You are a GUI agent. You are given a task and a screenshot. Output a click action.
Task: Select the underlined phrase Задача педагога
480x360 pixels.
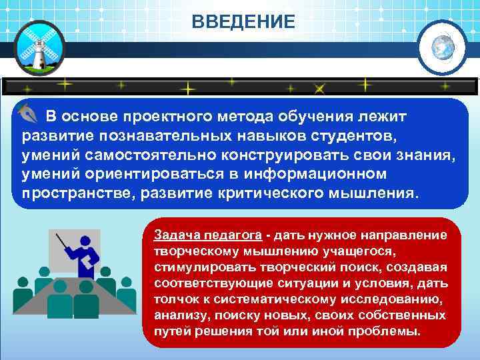click(x=207, y=235)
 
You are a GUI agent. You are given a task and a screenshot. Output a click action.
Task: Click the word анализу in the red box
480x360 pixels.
click(x=175, y=315)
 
